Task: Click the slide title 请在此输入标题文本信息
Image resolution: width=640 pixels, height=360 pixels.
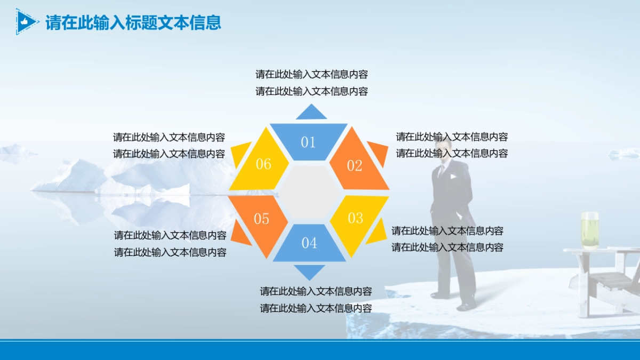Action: point(133,22)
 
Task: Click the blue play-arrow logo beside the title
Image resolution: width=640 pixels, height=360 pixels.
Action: point(26,22)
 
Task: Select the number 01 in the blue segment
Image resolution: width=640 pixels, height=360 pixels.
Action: point(308,142)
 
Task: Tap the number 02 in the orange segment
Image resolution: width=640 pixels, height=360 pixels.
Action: point(355,166)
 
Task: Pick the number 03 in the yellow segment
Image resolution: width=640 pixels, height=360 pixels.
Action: point(355,218)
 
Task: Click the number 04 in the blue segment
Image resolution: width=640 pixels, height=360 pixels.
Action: point(309,243)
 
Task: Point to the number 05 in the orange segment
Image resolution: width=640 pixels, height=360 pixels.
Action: point(261,219)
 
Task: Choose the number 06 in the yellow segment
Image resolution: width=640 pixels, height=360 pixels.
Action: point(263,164)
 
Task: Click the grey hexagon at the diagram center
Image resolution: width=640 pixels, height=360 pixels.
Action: point(309,192)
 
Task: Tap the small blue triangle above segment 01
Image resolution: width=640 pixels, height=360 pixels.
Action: point(311,113)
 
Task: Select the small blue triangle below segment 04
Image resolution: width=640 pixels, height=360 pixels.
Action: point(309,271)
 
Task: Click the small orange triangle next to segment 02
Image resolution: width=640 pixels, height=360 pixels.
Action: point(378,153)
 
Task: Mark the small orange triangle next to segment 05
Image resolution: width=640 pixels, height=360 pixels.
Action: point(241,234)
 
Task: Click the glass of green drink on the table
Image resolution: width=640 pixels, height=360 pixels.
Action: point(589,230)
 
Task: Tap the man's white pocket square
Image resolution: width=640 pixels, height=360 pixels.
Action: point(453,177)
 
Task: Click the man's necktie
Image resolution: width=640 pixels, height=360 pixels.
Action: point(441,171)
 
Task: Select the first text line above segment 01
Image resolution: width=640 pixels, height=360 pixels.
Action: point(311,74)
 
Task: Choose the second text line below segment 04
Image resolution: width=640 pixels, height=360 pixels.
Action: point(316,308)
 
